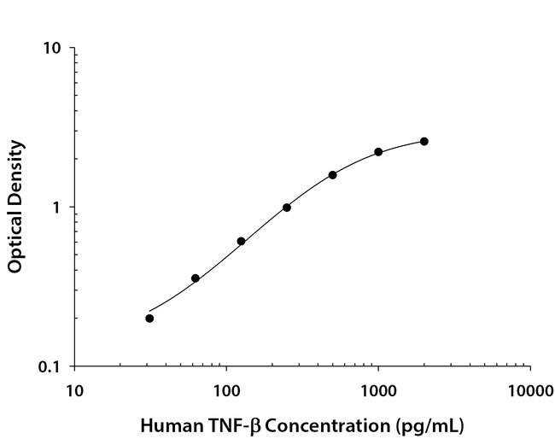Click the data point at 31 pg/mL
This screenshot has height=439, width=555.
click(x=149, y=319)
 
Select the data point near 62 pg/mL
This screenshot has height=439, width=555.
click(x=196, y=278)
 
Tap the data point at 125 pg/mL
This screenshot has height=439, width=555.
click(x=241, y=242)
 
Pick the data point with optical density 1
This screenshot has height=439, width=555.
click(x=287, y=208)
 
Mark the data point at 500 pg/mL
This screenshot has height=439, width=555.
click(x=332, y=175)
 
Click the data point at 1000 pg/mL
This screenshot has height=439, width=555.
click(x=378, y=152)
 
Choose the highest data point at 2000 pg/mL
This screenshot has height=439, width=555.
click(x=424, y=142)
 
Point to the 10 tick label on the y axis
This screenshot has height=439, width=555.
click(x=52, y=48)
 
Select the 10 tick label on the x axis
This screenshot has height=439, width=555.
click(x=74, y=391)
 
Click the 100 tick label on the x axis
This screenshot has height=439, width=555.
click(x=226, y=391)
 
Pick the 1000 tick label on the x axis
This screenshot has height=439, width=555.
click(x=378, y=391)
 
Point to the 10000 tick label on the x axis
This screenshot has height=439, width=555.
click(x=530, y=391)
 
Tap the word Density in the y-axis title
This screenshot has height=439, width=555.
click(x=15, y=170)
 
